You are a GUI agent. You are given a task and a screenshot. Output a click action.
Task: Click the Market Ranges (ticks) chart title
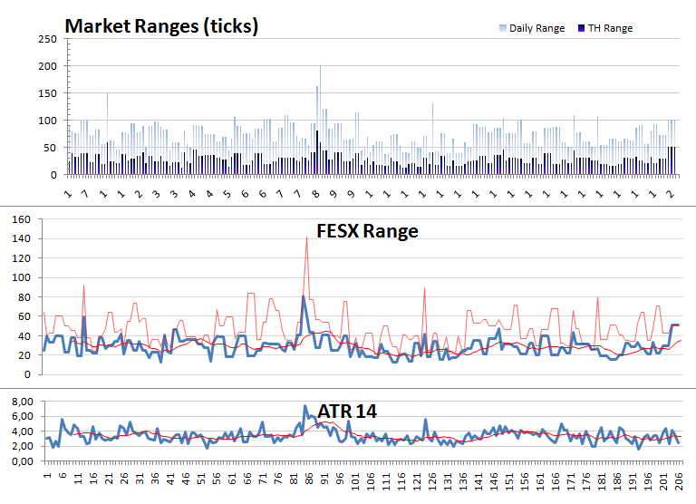pyautogui.click(x=161, y=26)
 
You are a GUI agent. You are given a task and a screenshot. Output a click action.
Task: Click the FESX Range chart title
pyautogui.click(x=366, y=231)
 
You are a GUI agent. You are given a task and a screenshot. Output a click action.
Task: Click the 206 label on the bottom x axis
pyautogui.click(x=680, y=479)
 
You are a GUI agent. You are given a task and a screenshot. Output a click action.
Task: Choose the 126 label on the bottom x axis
pyautogui.click(x=432, y=479)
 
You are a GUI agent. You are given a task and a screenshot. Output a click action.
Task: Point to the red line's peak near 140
pyautogui.click(x=307, y=237)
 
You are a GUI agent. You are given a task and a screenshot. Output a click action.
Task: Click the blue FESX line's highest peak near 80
pyautogui.click(x=303, y=296)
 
